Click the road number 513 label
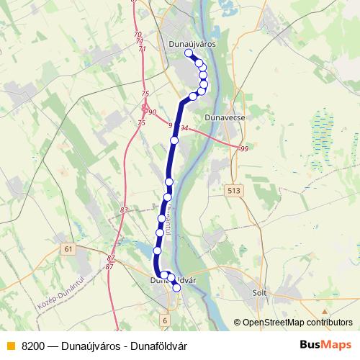[x=233, y=190]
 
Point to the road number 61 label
[x=68, y=248]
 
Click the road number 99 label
[x=243, y=148]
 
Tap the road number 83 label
[x=125, y=210]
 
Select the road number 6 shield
[x=165, y=320]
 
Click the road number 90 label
[x=151, y=112]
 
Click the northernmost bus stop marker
[x=189, y=54]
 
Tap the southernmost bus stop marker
[x=177, y=288]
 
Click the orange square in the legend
[x=10, y=346]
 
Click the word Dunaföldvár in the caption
[x=161, y=346]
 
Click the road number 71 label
[x=141, y=48]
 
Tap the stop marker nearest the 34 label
[x=174, y=140]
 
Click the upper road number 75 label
[x=146, y=94]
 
